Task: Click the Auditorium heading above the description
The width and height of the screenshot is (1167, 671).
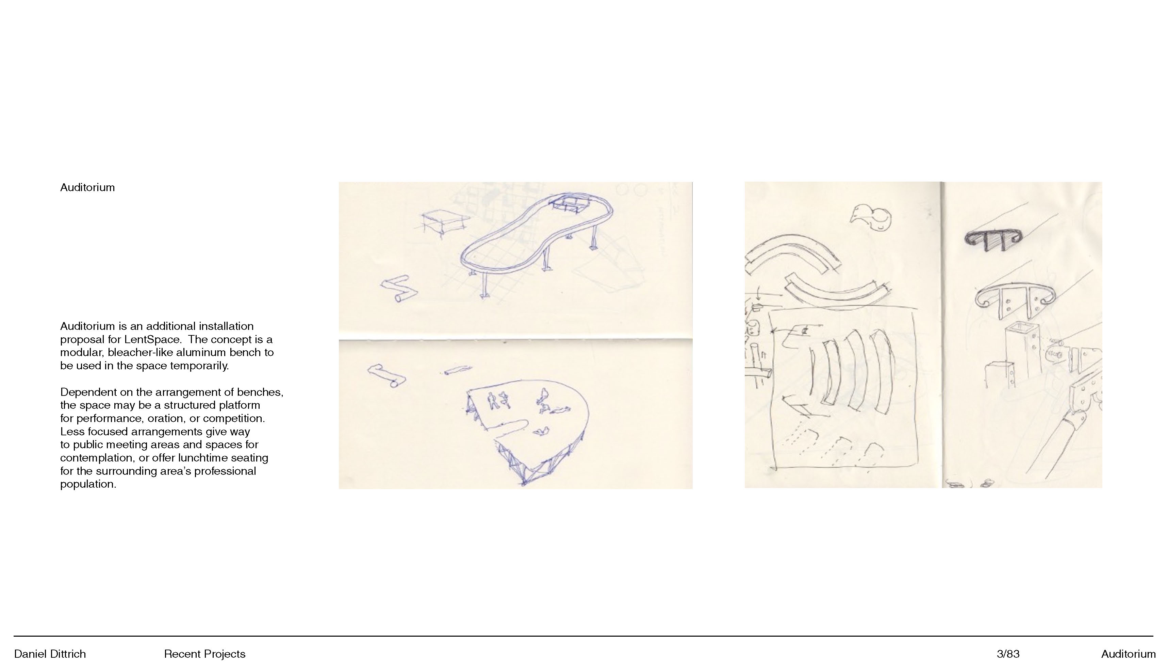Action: pos(87,188)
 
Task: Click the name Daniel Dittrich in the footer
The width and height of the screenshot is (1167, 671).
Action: pos(50,654)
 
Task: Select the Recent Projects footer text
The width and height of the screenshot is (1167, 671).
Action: pos(204,654)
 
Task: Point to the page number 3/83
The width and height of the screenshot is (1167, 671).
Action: pos(1008,654)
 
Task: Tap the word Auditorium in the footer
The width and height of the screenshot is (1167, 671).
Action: pos(1128,654)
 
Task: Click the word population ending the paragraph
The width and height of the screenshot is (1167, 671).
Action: pos(88,484)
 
